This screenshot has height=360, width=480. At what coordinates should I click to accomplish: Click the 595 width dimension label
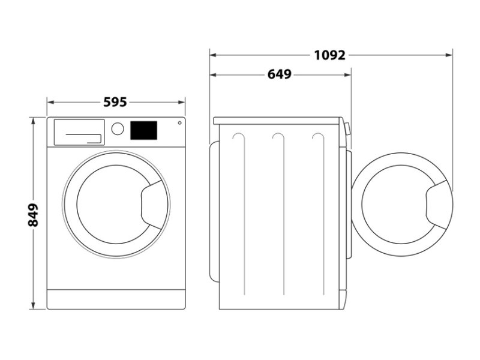(x=115, y=102)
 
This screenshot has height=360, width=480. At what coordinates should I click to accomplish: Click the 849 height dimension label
(x=33, y=215)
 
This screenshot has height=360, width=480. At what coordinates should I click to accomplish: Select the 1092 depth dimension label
(x=329, y=55)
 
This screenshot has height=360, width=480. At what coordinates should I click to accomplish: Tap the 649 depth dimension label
(x=280, y=74)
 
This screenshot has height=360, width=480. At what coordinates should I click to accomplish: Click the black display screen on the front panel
(x=144, y=130)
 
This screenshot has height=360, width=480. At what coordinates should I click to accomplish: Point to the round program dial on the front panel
(x=118, y=129)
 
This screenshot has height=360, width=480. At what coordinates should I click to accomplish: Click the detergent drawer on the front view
(x=79, y=132)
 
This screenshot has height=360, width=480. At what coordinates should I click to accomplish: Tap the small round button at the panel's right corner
(x=179, y=123)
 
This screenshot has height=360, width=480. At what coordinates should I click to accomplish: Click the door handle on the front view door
(x=152, y=205)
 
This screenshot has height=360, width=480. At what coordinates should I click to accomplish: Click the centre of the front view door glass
(x=113, y=205)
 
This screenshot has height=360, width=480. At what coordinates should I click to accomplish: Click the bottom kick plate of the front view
(x=116, y=299)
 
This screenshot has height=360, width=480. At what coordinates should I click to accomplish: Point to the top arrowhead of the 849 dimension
(x=33, y=121)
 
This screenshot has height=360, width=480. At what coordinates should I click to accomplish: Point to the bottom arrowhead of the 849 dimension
(x=33, y=305)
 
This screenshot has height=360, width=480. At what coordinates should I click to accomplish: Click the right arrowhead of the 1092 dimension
(x=449, y=55)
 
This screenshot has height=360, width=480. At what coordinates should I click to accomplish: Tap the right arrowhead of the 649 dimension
(x=347, y=74)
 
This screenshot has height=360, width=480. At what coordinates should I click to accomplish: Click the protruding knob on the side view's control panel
(x=347, y=129)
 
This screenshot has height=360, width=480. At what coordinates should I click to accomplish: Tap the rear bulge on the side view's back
(x=214, y=211)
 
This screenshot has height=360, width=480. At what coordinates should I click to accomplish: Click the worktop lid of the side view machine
(x=277, y=121)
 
